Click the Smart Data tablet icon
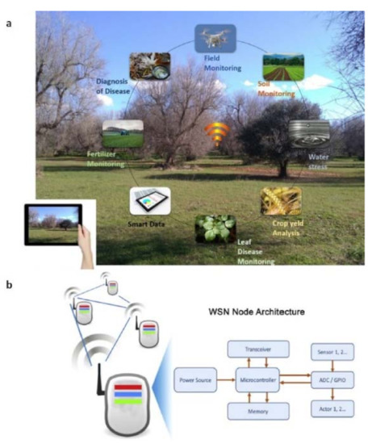pyautogui.click(x=150, y=200)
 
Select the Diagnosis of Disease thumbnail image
pyautogui.click(x=150, y=65)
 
